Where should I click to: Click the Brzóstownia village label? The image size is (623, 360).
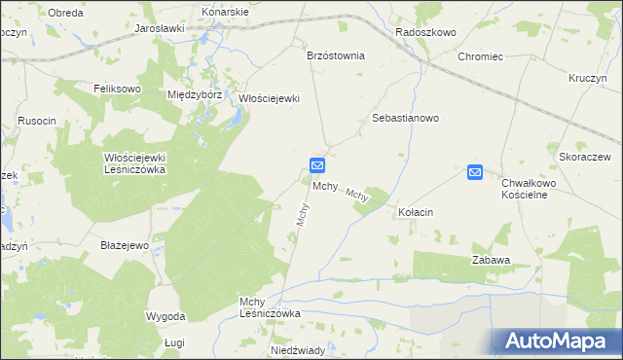(x=335, y=55)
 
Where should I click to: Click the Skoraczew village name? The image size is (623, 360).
(x=584, y=157)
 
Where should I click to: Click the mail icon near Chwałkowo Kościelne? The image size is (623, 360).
(x=475, y=172)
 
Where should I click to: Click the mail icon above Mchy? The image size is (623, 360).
(x=317, y=166)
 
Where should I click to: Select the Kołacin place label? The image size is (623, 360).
(x=416, y=211)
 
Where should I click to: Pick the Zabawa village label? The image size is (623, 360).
(x=492, y=260)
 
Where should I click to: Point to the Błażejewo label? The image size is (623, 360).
(x=124, y=245)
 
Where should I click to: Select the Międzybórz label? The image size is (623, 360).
(x=196, y=95)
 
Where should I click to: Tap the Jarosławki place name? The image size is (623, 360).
(x=160, y=29)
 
